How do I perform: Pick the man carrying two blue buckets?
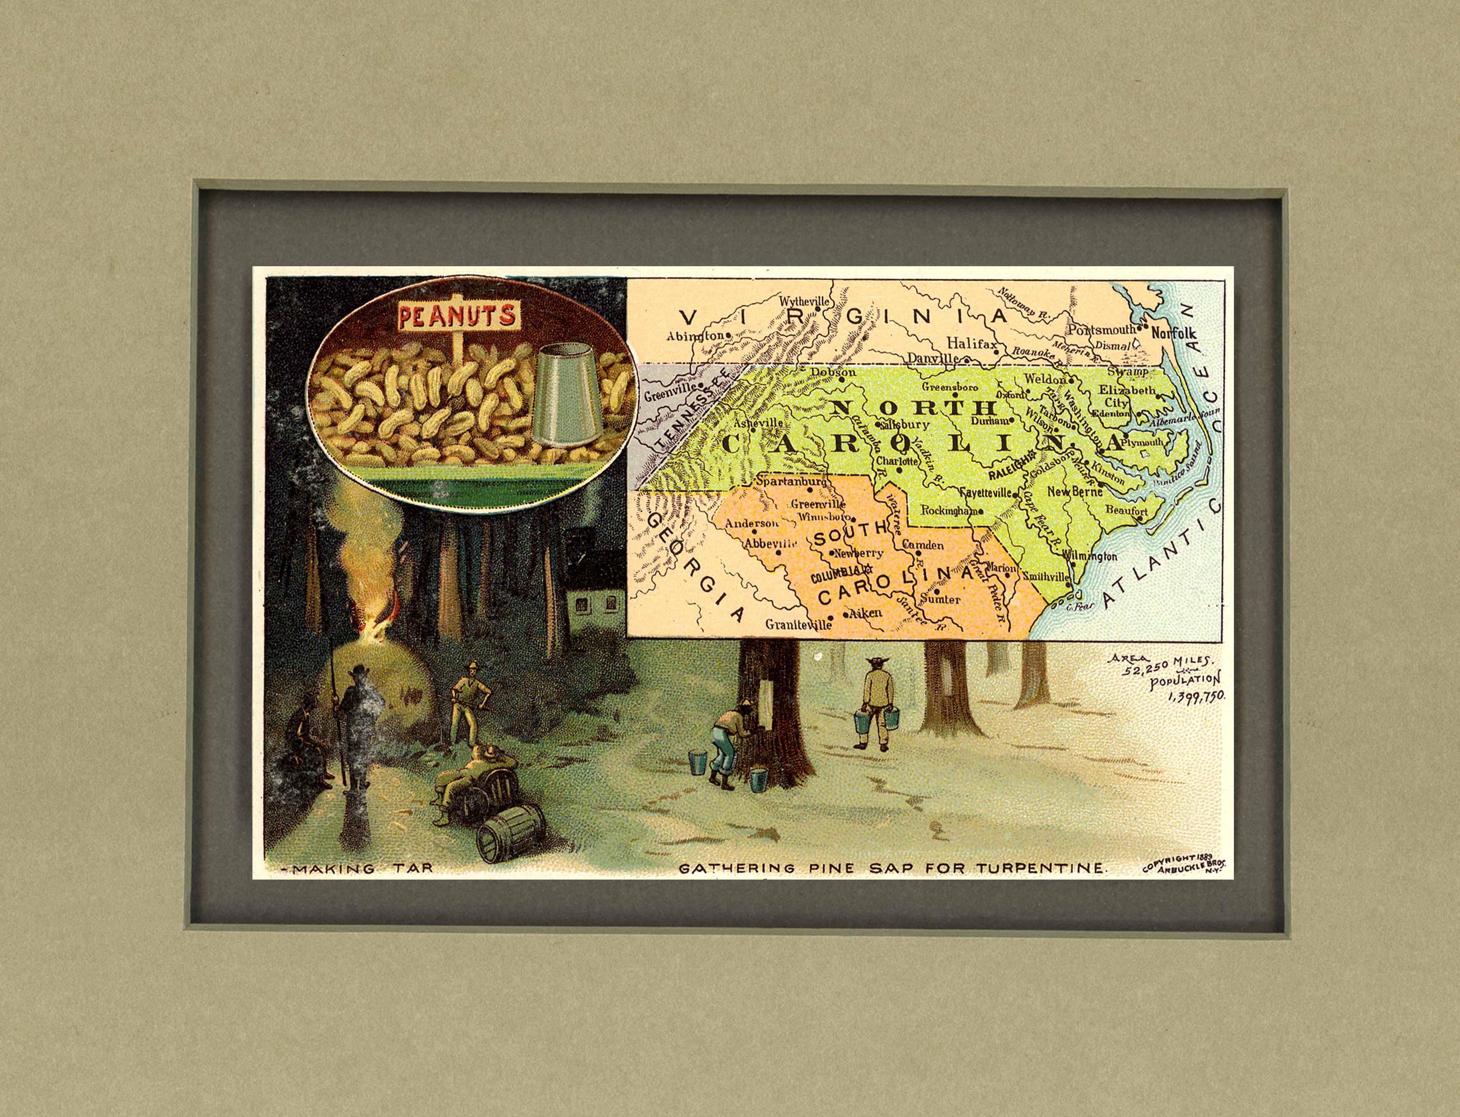coord(878,705)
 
